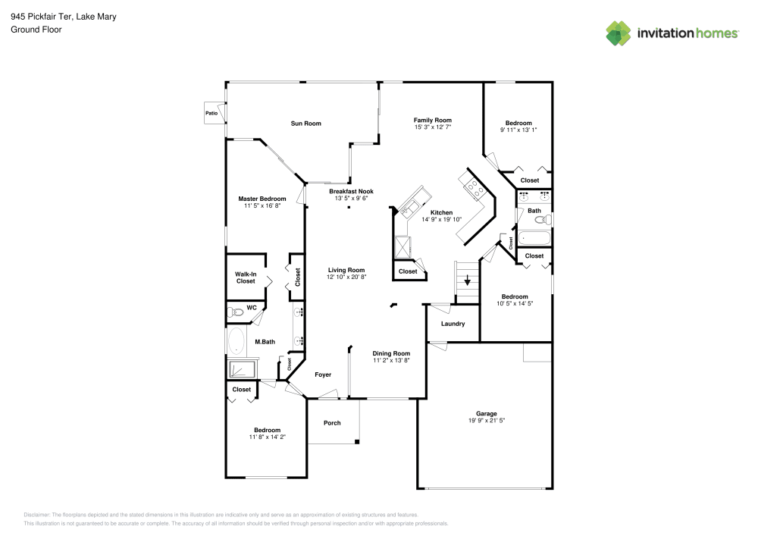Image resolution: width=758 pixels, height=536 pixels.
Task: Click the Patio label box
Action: point(211,114)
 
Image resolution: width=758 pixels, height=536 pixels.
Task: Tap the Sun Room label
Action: point(306,123)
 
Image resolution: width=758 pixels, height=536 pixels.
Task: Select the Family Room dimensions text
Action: point(432,127)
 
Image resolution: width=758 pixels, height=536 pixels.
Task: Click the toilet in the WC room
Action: point(236,312)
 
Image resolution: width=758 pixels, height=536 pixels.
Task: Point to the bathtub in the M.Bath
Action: point(236,341)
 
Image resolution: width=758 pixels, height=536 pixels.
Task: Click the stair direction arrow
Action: point(468,280)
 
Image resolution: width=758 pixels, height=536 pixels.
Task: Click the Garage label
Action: point(487,413)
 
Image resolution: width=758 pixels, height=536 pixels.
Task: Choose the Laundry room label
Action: point(453,324)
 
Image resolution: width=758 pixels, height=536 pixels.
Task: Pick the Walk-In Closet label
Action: point(245,277)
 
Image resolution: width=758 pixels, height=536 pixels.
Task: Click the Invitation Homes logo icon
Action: point(618,33)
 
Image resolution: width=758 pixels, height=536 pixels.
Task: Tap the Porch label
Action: point(332,423)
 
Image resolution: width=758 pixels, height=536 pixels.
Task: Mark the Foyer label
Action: point(323,375)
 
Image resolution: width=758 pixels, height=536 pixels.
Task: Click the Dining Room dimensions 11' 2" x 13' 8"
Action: point(391,361)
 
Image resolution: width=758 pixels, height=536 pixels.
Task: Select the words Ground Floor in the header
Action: point(36,30)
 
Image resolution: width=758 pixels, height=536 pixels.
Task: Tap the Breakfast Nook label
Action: point(348,192)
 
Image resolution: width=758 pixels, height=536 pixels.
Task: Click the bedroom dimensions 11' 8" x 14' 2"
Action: point(267,437)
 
